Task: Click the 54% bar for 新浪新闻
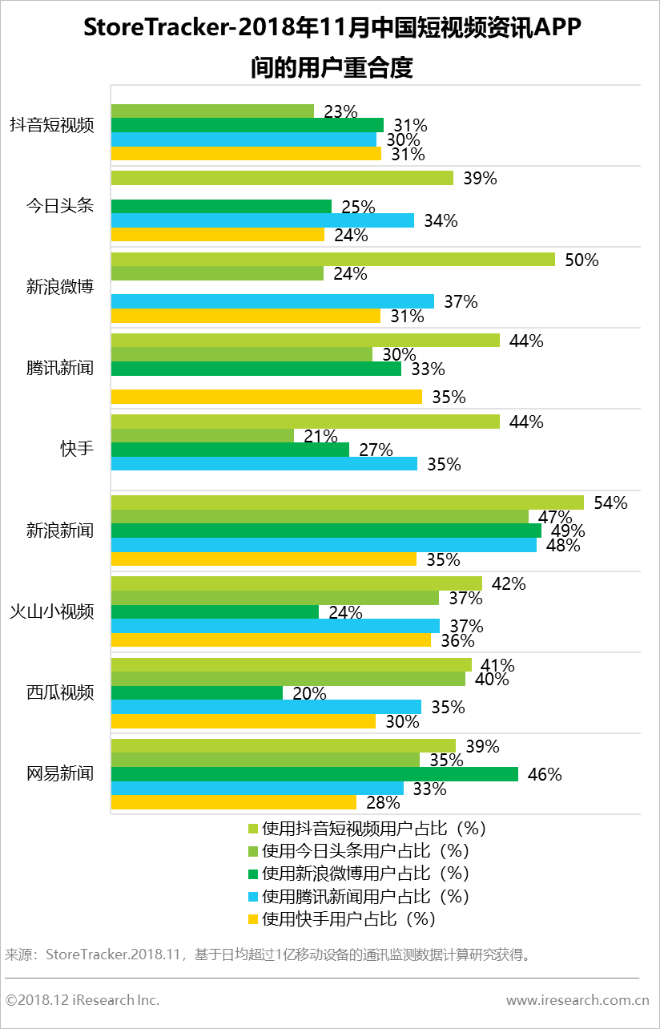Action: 347,502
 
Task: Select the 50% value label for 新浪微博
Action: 582,260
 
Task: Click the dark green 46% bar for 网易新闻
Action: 314,774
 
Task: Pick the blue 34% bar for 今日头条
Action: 262,220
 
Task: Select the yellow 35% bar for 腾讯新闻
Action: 266,397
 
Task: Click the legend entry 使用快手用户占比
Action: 348,918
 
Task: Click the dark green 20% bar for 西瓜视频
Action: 196,693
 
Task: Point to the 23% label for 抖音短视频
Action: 340,111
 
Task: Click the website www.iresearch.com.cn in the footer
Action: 577,1000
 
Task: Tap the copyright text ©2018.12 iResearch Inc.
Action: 82,1000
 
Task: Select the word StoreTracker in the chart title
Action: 153,30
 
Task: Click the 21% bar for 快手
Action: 202,435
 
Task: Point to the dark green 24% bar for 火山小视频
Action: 214,612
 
